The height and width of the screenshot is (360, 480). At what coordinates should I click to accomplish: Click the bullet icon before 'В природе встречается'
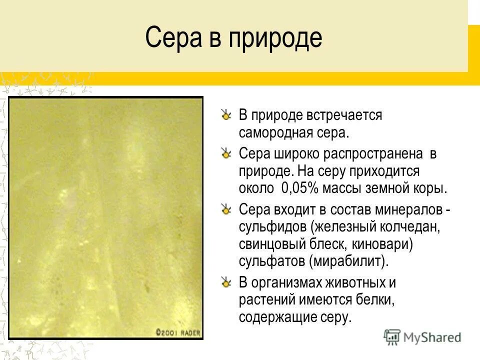click(x=226, y=115)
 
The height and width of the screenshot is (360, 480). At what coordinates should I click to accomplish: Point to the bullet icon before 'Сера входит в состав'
click(x=226, y=209)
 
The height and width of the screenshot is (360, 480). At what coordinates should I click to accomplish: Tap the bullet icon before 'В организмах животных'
click(x=226, y=283)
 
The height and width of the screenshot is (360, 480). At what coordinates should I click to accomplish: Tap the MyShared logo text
click(x=433, y=337)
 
